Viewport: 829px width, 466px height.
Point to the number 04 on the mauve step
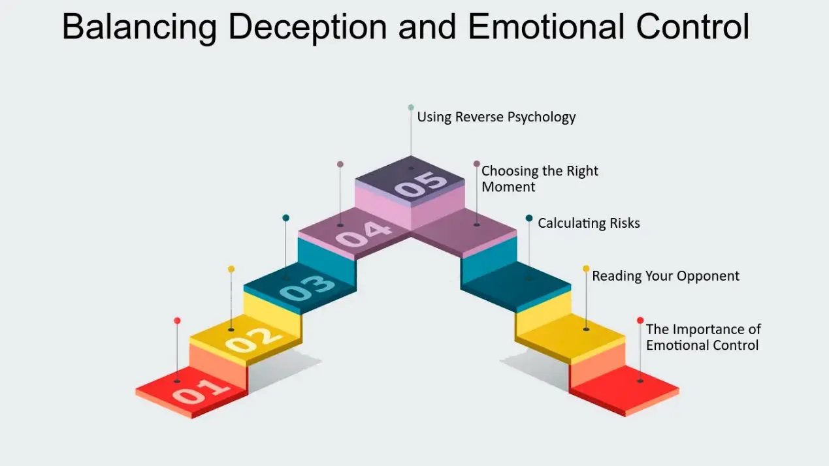(x=365, y=233)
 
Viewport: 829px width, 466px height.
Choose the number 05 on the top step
(x=421, y=185)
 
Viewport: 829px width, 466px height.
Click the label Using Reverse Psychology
(x=496, y=117)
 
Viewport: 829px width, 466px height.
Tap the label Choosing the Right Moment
(x=540, y=179)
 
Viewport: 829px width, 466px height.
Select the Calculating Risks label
(x=589, y=223)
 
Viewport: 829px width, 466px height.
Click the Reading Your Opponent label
(x=666, y=276)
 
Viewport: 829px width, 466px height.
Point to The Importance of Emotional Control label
(x=703, y=337)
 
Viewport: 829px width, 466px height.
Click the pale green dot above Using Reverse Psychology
(x=411, y=107)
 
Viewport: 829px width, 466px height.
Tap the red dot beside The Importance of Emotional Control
(x=640, y=320)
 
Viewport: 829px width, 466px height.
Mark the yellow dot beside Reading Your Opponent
(x=586, y=268)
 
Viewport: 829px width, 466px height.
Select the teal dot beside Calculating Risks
(x=529, y=218)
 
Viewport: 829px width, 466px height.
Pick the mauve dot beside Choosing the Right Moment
(x=477, y=164)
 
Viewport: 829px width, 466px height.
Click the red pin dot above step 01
(x=177, y=320)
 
